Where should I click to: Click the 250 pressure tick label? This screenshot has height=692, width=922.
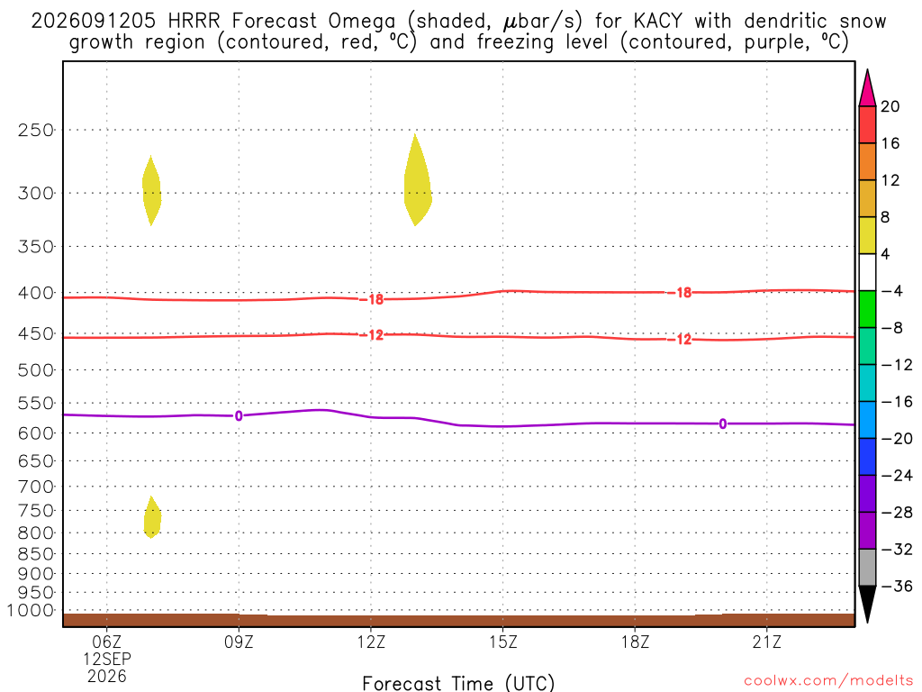(36, 130)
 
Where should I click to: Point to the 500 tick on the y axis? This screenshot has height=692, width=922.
(36, 370)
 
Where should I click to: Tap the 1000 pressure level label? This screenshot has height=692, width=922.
(31, 610)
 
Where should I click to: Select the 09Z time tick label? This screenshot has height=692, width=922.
(239, 642)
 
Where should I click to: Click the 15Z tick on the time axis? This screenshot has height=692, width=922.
(502, 642)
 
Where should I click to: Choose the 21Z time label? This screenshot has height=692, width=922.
(767, 642)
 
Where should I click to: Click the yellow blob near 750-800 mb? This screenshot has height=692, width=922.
(152, 517)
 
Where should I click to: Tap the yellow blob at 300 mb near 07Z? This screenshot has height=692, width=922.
(151, 191)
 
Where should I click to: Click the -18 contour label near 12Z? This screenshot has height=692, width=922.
(372, 299)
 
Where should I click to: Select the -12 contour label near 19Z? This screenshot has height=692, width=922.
(680, 339)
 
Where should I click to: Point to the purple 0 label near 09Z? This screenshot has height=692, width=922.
(239, 416)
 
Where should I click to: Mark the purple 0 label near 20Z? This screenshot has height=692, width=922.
(723, 423)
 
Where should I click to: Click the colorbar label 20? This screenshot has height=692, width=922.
(890, 106)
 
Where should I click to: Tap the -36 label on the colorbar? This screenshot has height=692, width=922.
(897, 586)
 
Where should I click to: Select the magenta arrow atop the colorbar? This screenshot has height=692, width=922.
(867, 89)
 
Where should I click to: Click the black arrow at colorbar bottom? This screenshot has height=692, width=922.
(867, 603)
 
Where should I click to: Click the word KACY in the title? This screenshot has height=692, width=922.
(657, 22)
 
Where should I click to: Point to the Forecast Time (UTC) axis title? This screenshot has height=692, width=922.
(458, 683)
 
